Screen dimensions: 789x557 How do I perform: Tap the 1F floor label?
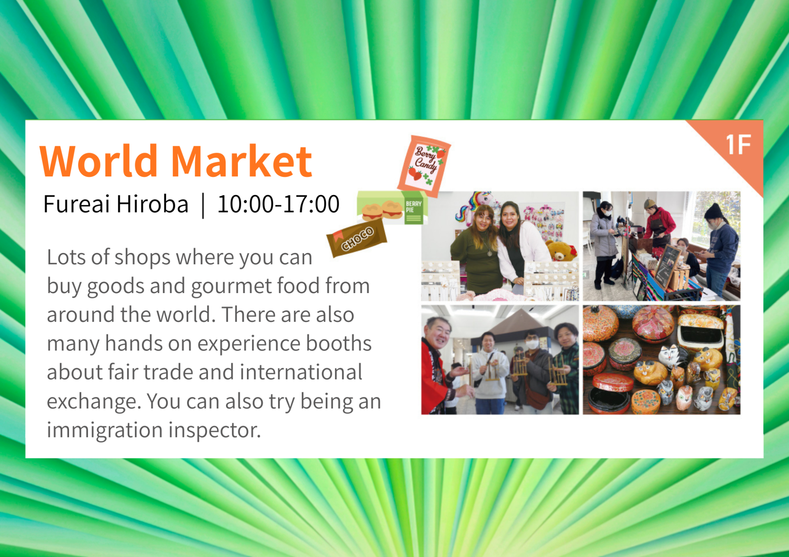pyautogui.click(x=738, y=144)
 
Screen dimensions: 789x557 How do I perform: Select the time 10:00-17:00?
pyautogui.click(x=278, y=204)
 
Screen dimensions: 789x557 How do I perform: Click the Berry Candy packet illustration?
pyautogui.click(x=424, y=166)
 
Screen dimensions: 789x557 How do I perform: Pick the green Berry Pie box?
pyautogui.click(x=392, y=207)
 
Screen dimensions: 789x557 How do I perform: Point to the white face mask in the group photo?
pyautogui.click(x=533, y=344)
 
